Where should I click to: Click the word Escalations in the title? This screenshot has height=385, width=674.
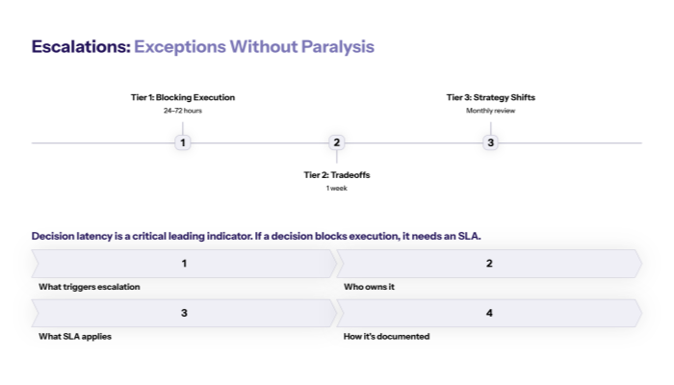click(x=80, y=46)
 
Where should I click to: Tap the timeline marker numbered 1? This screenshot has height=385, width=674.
click(x=183, y=142)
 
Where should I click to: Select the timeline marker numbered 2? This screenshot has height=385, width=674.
click(x=336, y=142)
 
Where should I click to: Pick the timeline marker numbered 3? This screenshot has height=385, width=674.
click(x=490, y=142)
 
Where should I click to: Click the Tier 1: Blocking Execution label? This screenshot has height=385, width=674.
click(x=183, y=97)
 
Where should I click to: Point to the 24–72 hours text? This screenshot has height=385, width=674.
click(x=183, y=111)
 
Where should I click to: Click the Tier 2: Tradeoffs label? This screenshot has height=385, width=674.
click(x=336, y=175)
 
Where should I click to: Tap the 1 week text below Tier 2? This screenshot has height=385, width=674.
click(x=336, y=189)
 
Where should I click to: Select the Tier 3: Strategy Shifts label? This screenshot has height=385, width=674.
click(x=490, y=97)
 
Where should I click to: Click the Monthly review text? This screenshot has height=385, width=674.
click(x=490, y=111)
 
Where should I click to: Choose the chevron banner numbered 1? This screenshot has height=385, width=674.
click(x=184, y=264)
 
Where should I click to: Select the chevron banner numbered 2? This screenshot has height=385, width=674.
click(x=489, y=264)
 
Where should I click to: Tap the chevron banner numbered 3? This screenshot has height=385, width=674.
click(x=184, y=313)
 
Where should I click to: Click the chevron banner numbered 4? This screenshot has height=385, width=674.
click(x=489, y=313)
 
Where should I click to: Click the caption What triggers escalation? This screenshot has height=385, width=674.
click(x=90, y=287)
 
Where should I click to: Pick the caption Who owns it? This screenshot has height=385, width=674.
click(x=370, y=287)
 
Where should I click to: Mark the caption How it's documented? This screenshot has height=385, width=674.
click(x=386, y=337)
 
